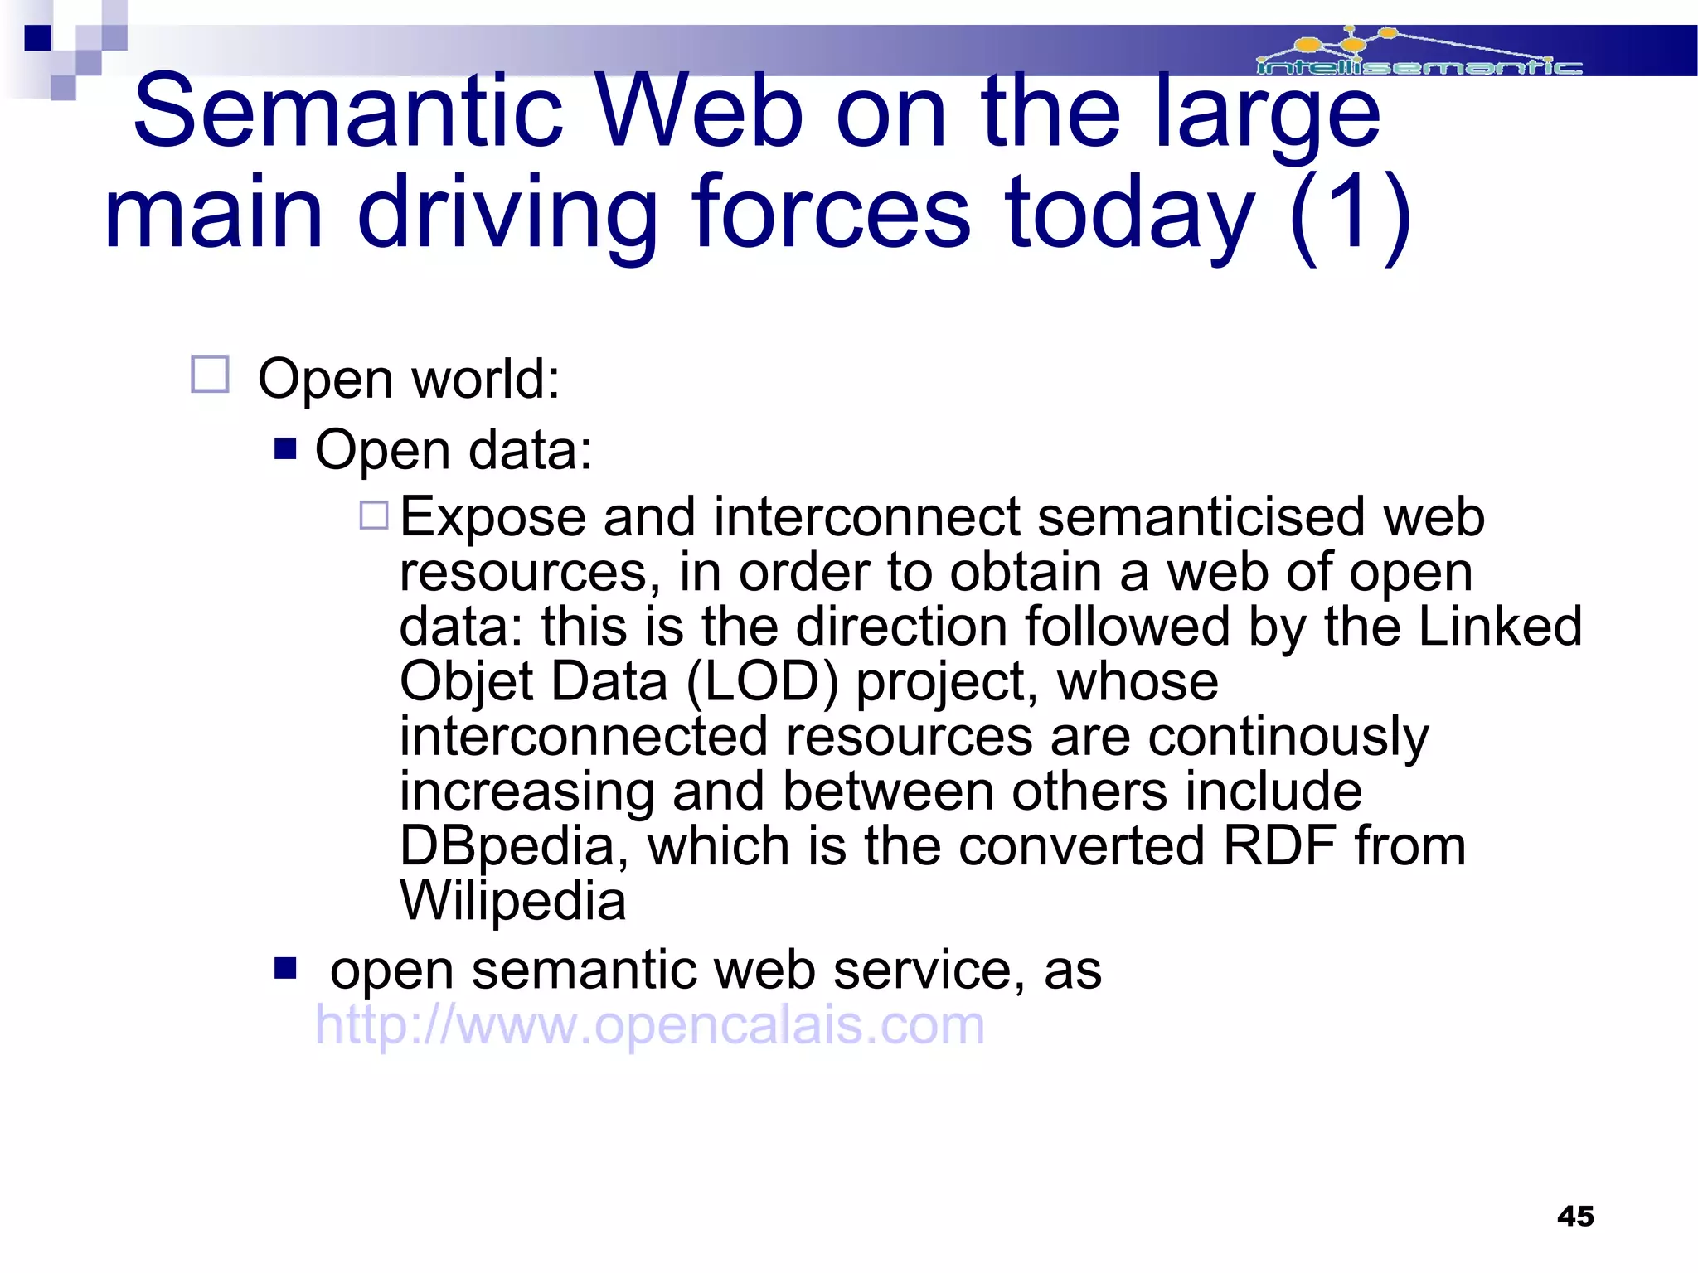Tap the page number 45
1575,1216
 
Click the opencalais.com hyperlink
650,1025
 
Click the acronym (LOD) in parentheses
762,681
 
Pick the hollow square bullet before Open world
210,375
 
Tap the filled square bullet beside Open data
285,449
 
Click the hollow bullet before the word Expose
374,515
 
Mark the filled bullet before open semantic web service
285,967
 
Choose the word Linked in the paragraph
1500,626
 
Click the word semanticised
1201,516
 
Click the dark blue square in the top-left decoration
38,38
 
